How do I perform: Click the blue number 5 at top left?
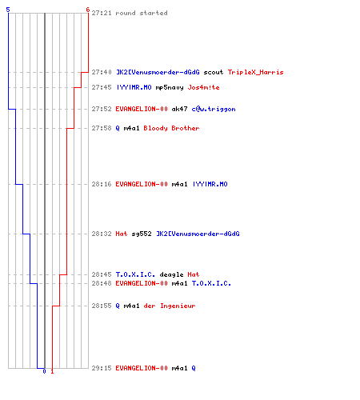pos(8,10)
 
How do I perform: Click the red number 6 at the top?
pos(88,10)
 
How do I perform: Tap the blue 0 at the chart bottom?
pos(44,371)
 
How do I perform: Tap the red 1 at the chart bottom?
pos(52,371)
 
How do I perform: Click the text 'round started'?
pos(142,13)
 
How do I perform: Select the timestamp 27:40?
pos(102,72)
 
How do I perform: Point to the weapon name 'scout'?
pos(214,72)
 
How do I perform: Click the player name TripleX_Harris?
pos(255,72)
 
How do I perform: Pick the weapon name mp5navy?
pos(170,87)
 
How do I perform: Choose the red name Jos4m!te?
pos(203,87)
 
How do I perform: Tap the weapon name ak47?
pos(179,109)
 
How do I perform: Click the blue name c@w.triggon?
pos(214,110)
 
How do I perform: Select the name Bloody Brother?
pos(171,128)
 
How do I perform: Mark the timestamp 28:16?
pos(102,184)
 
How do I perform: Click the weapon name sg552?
pos(142,234)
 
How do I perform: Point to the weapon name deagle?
pos(171,274)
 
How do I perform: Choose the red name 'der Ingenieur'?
pos(170,306)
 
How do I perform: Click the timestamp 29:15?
pos(102,368)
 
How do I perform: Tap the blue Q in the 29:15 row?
pos(194,368)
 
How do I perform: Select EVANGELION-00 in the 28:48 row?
pos(142,283)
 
